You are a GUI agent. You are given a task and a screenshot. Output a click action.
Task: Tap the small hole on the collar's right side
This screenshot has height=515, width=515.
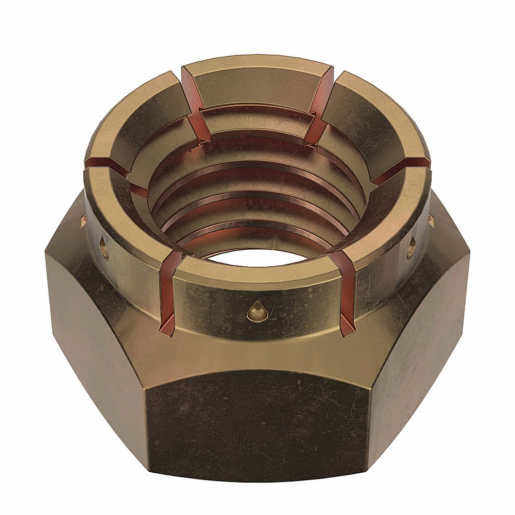point(410,248)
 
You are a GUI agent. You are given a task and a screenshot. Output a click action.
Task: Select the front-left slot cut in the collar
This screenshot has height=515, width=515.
point(169,294)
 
